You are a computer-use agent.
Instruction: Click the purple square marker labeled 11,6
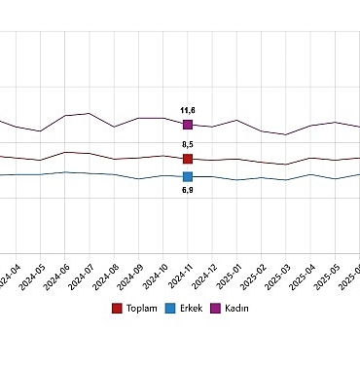188,125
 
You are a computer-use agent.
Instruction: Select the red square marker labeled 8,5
188,158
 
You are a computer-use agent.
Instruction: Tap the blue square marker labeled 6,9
188,176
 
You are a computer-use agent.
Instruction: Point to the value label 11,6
188,111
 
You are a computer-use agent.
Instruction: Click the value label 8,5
188,145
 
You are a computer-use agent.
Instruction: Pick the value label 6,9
188,190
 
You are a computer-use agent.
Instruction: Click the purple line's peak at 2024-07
90,113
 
